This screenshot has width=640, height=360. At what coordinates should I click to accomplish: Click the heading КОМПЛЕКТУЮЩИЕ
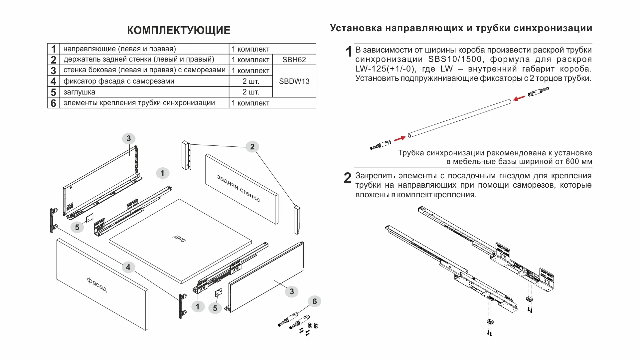pos(179,30)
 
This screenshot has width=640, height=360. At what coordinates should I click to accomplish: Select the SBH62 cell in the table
pos(294,60)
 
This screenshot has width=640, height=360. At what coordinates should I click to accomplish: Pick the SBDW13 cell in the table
pos(294,81)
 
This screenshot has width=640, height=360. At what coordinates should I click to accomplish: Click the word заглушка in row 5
pos(79,92)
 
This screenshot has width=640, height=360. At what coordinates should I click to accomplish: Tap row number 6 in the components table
pos(53,103)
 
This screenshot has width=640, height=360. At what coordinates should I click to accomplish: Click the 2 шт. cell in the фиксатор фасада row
pos(250,81)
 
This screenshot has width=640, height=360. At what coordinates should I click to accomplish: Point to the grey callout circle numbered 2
pos(252,147)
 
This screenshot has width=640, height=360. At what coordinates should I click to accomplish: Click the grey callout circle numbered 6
pos(314,301)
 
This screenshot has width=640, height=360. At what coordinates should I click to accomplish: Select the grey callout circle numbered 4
pos(128,267)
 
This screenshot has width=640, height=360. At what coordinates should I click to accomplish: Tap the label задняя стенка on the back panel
pos(239,188)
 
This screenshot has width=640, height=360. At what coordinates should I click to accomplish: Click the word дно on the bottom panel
pos(179,238)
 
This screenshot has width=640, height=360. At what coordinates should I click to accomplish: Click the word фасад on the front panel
pos(97,284)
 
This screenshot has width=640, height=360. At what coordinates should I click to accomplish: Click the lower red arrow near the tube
pos(400,138)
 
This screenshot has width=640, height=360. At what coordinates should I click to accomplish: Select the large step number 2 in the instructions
pos(347,178)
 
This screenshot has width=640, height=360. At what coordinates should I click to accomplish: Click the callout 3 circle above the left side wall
pos(129,138)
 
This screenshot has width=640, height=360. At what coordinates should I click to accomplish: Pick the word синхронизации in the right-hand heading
pos(553,28)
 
